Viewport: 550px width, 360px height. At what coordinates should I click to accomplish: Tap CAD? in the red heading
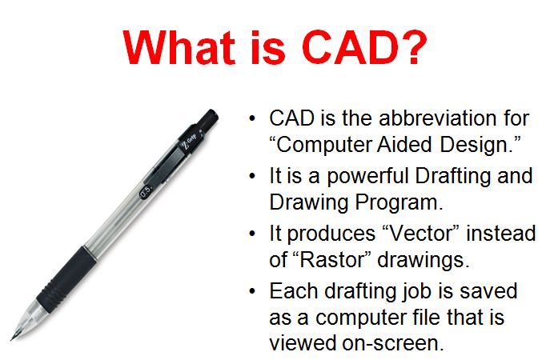pyautogui.click(x=359, y=47)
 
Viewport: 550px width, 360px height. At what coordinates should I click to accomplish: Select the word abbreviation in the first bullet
pyautogui.click(x=411, y=119)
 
